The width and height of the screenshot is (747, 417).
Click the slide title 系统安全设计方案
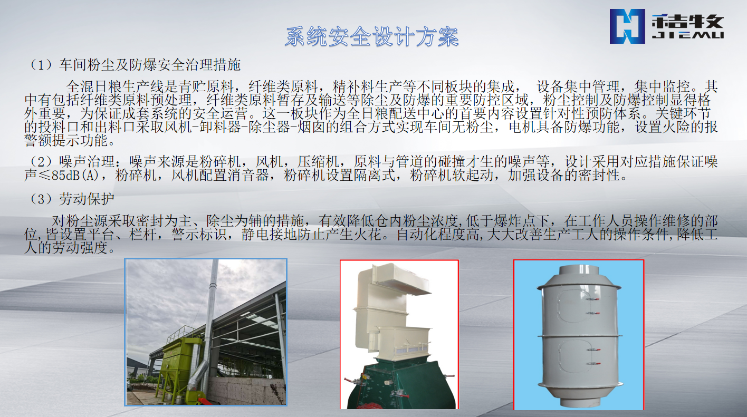[372, 36]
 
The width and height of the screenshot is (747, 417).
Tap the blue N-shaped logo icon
[627, 26]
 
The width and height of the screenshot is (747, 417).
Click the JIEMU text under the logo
[687, 35]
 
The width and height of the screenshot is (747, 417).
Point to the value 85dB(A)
[75, 175]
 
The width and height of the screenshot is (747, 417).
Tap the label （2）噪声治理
[72, 162]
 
